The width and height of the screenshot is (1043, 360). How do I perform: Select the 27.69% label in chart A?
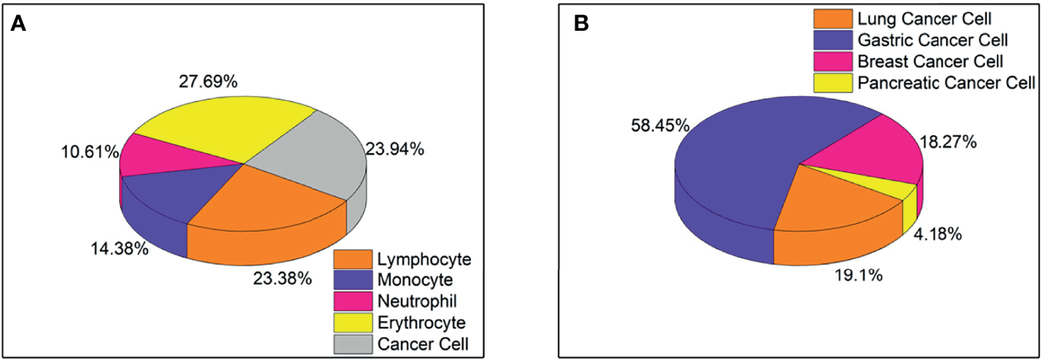coord(209,82)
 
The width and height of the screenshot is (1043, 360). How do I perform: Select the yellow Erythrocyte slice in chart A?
coord(223,131)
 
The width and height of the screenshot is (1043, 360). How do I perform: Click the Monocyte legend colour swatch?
coord(352,280)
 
